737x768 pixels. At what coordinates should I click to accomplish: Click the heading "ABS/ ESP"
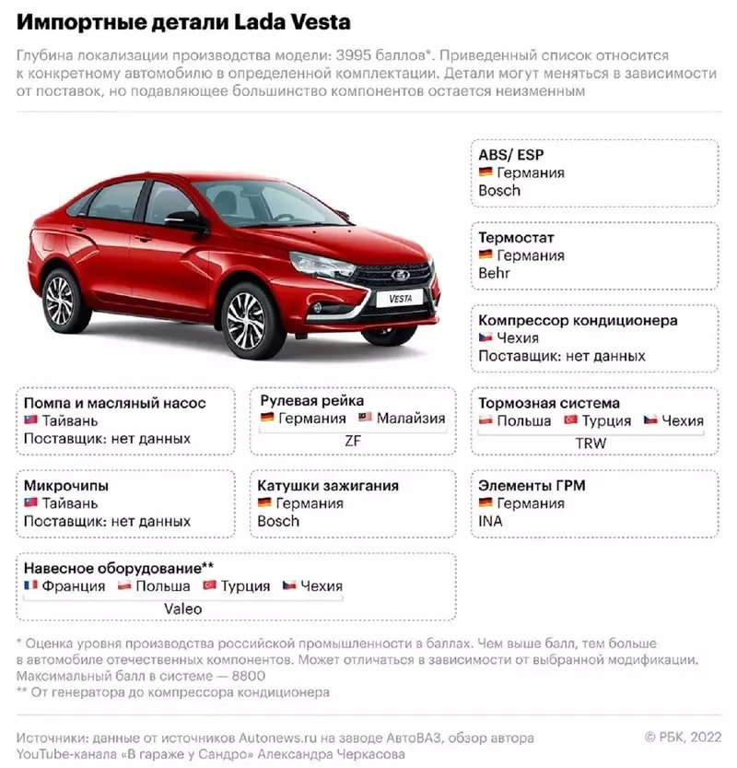click(x=511, y=154)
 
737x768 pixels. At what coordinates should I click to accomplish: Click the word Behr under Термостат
click(x=494, y=274)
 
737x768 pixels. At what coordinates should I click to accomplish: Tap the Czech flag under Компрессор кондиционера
click(x=485, y=338)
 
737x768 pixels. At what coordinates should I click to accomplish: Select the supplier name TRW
click(x=591, y=443)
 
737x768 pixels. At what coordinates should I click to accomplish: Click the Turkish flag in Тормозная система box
click(x=570, y=420)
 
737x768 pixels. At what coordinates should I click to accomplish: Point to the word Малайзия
click(x=410, y=419)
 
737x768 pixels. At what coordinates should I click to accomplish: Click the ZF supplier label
click(x=352, y=441)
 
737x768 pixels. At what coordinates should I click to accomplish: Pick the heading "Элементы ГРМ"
click(x=532, y=485)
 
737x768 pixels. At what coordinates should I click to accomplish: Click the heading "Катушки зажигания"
click(x=328, y=485)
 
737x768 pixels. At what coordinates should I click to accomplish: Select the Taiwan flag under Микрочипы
click(x=30, y=503)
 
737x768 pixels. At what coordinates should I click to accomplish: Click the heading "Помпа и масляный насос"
click(x=114, y=403)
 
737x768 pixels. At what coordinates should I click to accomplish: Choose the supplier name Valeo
click(x=182, y=608)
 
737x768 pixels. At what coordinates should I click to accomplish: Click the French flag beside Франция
click(x=30, y=585)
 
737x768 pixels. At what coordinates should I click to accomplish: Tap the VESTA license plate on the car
click(x=400, y=299)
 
